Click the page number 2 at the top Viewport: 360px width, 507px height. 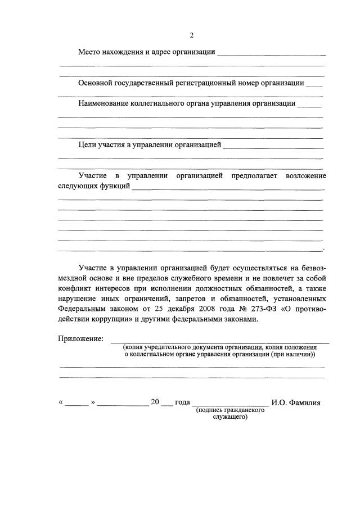click(x=191, y=35)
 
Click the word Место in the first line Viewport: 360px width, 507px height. click(x=90, y=52)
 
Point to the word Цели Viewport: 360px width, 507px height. click(x=88, y=145)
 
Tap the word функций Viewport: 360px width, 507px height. click(x=115, y=185)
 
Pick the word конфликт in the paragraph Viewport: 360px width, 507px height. click(x=74, y=288)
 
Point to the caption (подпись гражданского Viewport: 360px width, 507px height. click(x=230, y=411)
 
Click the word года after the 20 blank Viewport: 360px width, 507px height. click(x=183, y=402)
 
